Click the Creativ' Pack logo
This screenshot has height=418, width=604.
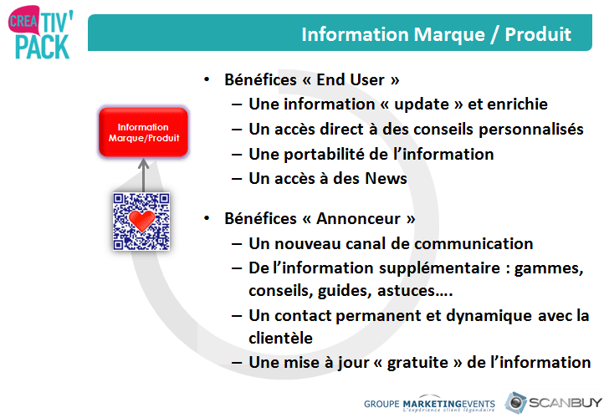(x=40, y=33)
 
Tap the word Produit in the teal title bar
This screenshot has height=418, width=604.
(x=538, y=34)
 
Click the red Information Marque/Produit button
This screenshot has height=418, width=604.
(x=143, y=132)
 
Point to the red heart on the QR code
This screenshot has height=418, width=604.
(x=141, y=220)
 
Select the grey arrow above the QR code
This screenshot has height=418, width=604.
(x=143, y=175)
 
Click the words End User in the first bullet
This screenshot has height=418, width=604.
(x=351, y=79)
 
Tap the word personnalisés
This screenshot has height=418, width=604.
(x=531, y=130)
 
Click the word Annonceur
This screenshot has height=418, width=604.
(x=358, y=219)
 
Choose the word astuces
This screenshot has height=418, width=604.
(x=406, y=291)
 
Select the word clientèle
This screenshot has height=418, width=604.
(x=280, y=339)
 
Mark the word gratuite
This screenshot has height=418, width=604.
(x=417, y=363)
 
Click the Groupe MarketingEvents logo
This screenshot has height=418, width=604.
(x=429, y=404)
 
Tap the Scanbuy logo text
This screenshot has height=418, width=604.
(x=565, y=403)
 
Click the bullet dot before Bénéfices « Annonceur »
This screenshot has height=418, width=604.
(x=207, y=218)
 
